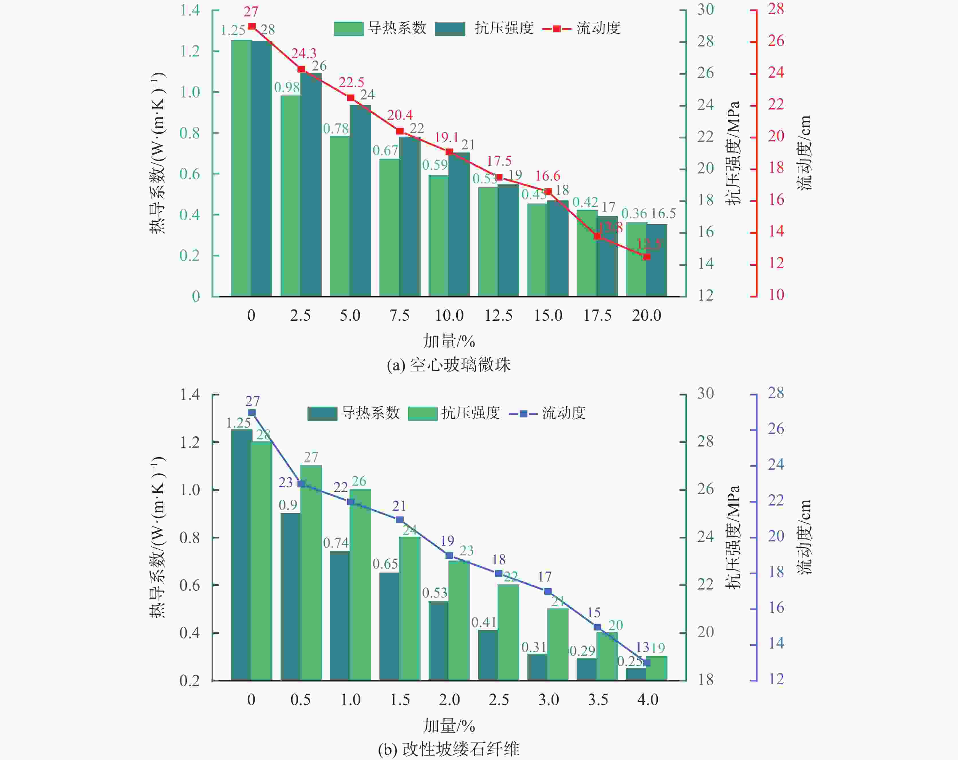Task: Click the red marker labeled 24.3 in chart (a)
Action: pyautogui.click(x=301, y=69)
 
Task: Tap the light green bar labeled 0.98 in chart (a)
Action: pyautogui.click(x=291, y=196)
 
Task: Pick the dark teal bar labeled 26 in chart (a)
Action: pyautogui.click(x=311, y=185)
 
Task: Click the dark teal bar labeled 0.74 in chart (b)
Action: pyautogui.click(x=340, y=616)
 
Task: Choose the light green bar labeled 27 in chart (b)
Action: pyautogui.click(x=311, y=573)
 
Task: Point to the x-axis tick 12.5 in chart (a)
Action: pyautogui.click(x=498, y=315)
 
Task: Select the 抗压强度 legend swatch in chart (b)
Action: pyautogui.click(x=423, y=413)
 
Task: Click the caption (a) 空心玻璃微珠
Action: pyautogui.click(x=449, y=365)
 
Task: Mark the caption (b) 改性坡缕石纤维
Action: pyautogui.click(x=449, y=749)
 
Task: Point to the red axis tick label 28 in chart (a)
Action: pyautogui.click(x=776, y=9)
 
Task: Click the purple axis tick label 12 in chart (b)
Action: pyautogui.click(x=776, y=679)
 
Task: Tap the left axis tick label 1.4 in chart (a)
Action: pyautogui.click(x=190, y=10)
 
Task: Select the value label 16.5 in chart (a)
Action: pyautogui.click(x=663, y=214)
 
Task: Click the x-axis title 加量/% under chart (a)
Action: pyautogui.click(x=449, y=341)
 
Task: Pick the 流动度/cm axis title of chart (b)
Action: pyautogui.click(x=804, y=537)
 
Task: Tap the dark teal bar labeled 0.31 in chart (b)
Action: pyautogui.click(x=537, y=667)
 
